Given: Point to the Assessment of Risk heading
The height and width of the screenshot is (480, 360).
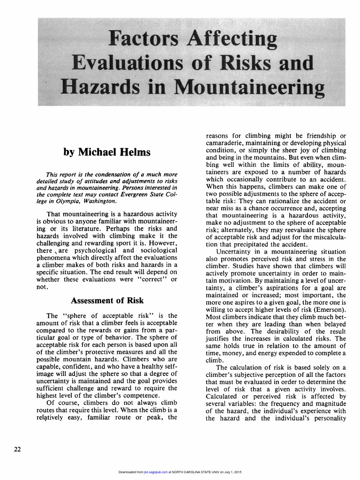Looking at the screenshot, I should click(x=106, y=300).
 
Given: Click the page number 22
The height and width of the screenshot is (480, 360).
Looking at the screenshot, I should click(x=17, y=450).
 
